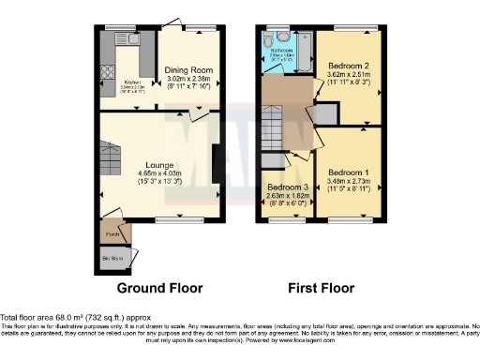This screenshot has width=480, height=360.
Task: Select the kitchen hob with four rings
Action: [108, 72]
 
